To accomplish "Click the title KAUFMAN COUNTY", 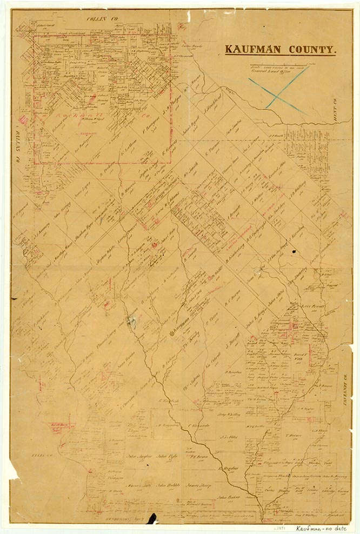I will [x=280, y=50].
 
